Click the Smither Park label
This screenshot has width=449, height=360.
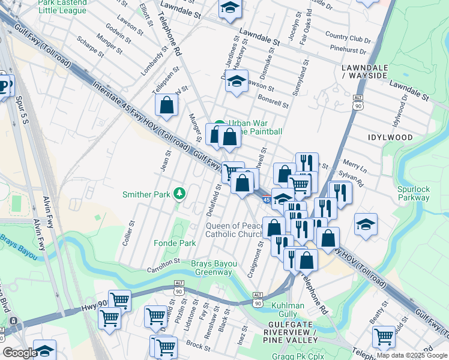[146, 194]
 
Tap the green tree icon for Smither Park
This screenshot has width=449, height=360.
[178, 193]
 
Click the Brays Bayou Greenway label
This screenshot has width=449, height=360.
[212, 268]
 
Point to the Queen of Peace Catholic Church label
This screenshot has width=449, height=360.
[235, 230]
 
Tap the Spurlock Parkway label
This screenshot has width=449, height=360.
[414, 193]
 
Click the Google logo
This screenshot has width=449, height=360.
[20, 353]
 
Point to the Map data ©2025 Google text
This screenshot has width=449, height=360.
[411, 355]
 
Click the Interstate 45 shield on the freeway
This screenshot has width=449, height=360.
[266, 200]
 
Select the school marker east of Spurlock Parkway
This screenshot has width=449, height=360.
[366, 224]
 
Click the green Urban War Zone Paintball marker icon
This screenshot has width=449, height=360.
[220, 125]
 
